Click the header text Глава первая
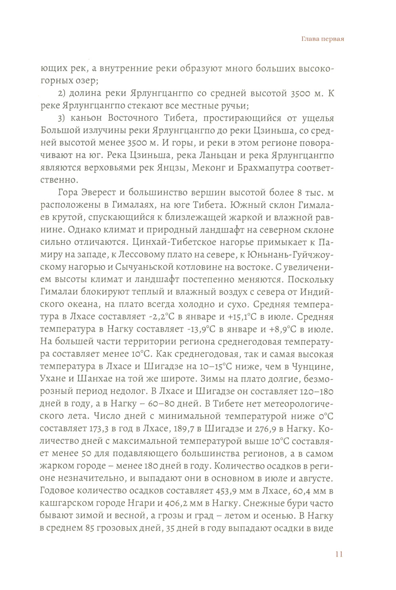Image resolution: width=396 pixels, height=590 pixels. point(320,39)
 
